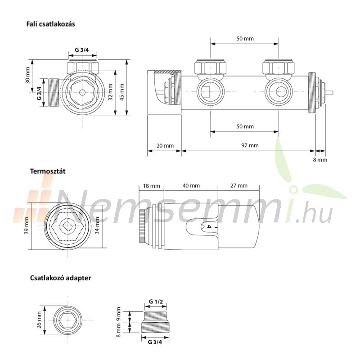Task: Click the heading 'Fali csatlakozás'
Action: (50, 24)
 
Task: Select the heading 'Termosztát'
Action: (48, 171)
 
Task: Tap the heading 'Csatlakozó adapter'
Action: (60, 278)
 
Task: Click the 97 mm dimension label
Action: (250, 145)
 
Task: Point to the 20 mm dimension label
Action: (165, 145)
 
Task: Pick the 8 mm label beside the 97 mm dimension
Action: (320, 160)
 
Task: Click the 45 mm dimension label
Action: (122, 92)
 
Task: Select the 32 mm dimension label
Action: (110, 92)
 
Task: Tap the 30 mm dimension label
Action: (27, 75)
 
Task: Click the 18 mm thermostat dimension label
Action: (152, 186)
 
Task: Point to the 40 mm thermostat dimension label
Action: (191, 185)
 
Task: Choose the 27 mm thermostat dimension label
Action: (239, 185)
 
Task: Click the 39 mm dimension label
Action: (27, 225)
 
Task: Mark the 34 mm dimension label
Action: (97, 225)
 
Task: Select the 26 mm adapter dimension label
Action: (39, 320)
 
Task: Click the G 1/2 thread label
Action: (156, 301)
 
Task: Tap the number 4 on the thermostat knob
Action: (209, 227)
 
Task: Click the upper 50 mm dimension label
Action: (245, 39)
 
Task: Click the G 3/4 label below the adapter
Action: (155, 342)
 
